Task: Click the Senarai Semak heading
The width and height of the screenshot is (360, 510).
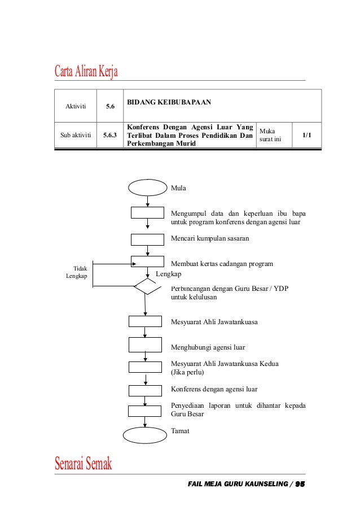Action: tap(84, 464)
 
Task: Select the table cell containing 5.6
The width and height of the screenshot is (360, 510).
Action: tap(110, 106)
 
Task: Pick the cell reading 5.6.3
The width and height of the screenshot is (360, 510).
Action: tap(110, 136)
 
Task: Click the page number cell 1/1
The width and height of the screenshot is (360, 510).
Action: tap(306, 136)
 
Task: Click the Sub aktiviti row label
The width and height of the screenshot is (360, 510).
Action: tap(75, 136)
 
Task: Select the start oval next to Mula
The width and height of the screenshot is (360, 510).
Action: tap(147, 188)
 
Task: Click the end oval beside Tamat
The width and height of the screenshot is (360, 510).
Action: tap(146, 435)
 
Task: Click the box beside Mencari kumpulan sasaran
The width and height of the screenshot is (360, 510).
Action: tap(147, 239)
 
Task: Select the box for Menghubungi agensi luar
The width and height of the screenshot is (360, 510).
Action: tap(145, 344)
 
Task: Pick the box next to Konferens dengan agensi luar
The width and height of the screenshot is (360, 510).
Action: tap(145, 390)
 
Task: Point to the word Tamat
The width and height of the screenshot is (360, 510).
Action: tap(180, 431)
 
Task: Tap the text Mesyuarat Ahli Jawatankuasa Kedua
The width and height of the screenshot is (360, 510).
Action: tap(225, 364)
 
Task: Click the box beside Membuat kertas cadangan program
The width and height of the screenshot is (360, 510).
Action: tap(147, 262)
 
